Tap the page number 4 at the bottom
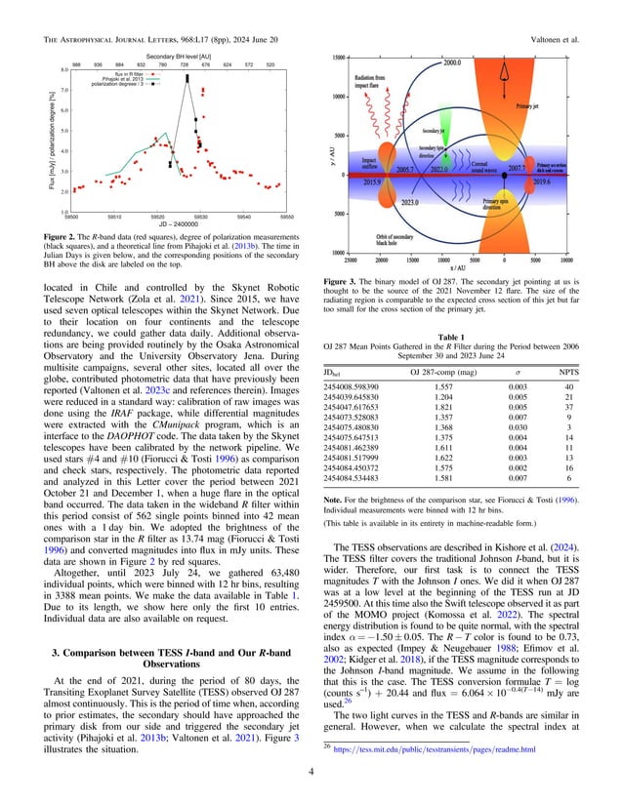point(311,779)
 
